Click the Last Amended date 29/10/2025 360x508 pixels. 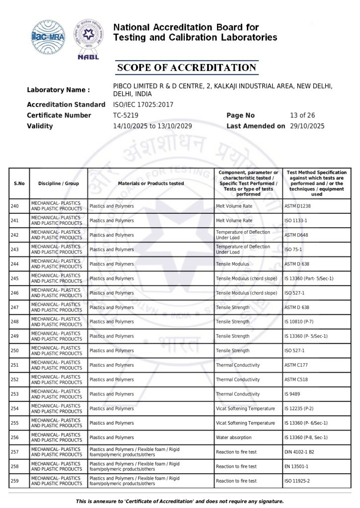coord(307,127)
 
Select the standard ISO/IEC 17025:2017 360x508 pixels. coord(143,105)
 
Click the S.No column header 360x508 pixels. coord(19,184)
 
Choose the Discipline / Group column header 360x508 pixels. coord(58,184)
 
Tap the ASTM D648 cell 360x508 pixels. coord(297,235)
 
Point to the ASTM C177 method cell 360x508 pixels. coord(297,365)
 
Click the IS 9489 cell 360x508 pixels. coord(293,394)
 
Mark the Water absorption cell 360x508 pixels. coord(233,438)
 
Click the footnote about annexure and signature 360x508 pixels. coord(180,502)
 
